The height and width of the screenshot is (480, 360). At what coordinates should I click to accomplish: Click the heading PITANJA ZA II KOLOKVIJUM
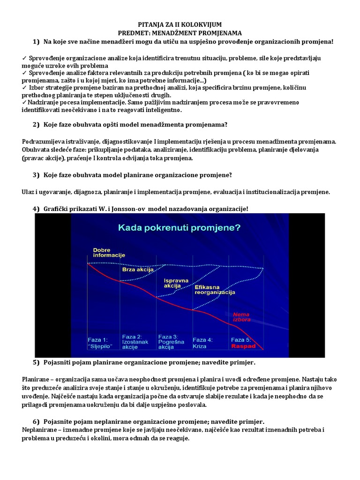point(180,24)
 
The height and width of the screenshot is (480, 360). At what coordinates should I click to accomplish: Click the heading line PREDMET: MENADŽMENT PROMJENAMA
point(180,33)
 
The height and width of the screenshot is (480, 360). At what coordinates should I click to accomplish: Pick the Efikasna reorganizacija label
point(214,289)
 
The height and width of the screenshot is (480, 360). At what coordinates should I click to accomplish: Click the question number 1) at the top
point(37,42)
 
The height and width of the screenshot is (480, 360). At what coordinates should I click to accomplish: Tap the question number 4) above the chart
point(37,209)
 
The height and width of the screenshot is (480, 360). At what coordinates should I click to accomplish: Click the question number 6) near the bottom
point(37,421)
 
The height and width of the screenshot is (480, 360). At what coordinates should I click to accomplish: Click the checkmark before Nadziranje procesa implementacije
point(24,102)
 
